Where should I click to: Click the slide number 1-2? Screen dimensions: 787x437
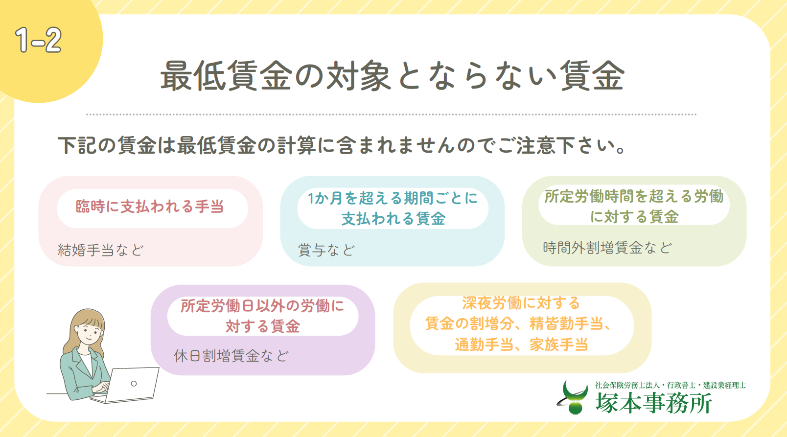pos(39,40)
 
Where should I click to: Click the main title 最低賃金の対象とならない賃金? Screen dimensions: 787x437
pos(393,76)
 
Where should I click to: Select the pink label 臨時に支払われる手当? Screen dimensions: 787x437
pos(150,207)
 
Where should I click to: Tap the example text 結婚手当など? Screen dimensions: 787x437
pos(101,250)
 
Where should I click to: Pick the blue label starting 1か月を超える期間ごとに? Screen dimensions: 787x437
pos(393,198)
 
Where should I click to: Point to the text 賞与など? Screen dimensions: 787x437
pos(326,250)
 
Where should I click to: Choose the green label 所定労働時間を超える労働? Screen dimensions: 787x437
pos(634,196)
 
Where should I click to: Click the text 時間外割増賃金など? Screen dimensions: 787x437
pos(607,248)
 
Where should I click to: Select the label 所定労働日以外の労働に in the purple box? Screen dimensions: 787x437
pos(262,306)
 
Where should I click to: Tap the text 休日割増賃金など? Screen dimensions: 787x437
pos(231,356)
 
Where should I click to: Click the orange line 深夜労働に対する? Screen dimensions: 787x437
pos(521,303)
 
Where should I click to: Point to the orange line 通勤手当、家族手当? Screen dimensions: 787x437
pos(521,345)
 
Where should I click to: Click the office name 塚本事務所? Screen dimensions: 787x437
pos(653,403)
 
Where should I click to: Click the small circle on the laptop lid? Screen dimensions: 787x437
pos(134,384)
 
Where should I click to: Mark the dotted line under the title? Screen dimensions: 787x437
pos(391,115)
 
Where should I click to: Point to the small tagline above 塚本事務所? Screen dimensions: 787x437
pos(670,385)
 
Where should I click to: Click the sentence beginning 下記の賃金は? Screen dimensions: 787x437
pos(342,145)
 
